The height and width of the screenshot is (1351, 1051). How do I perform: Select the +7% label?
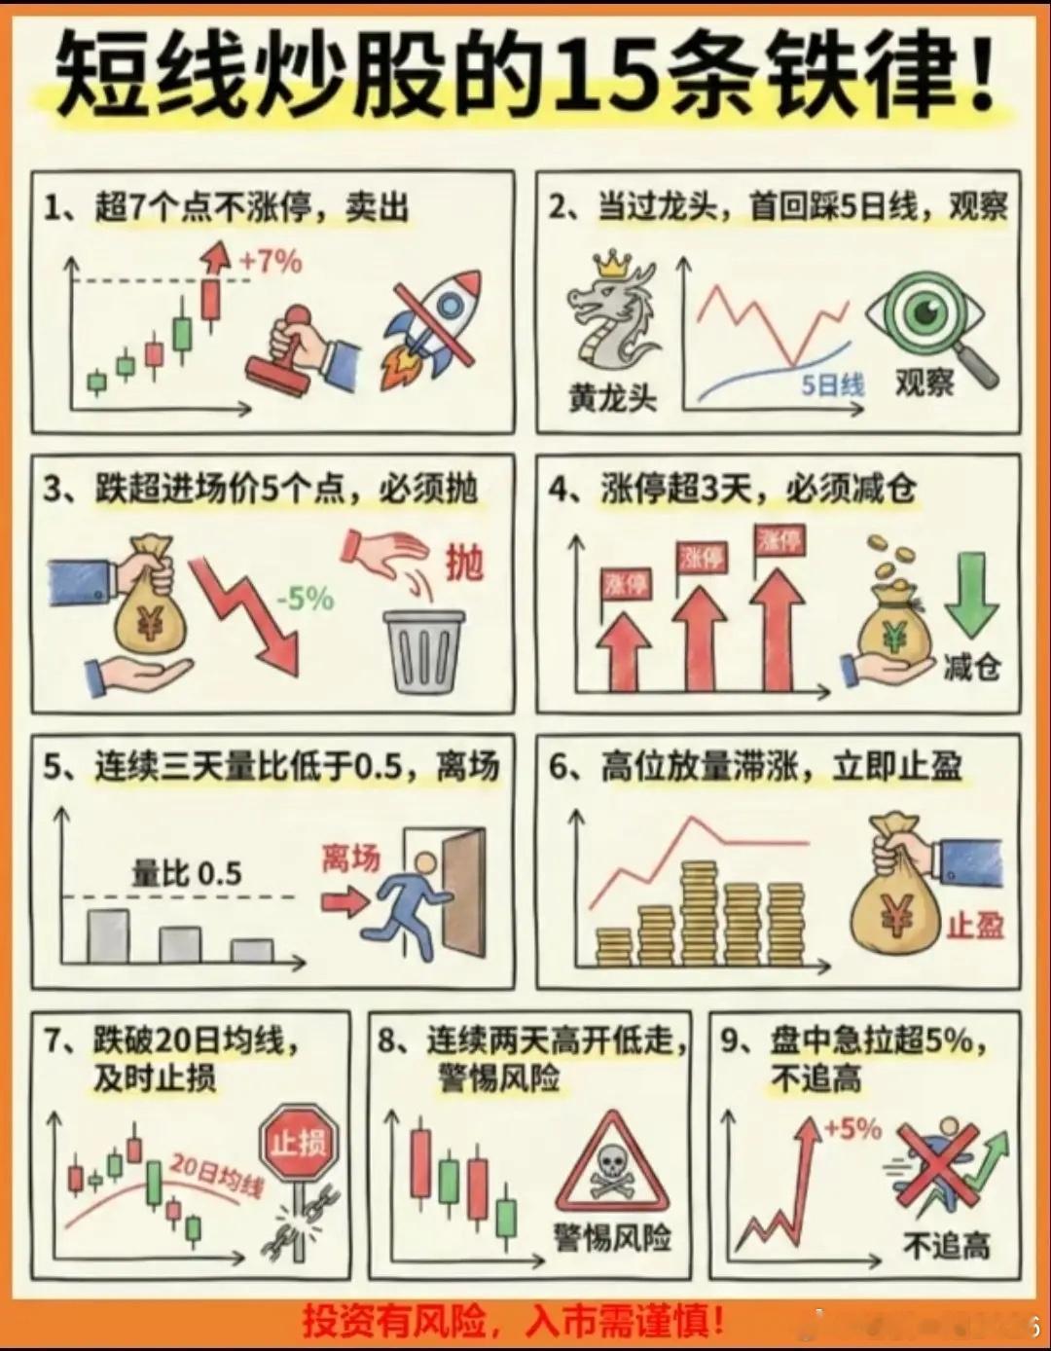pyautogui.click(x=271, y=262)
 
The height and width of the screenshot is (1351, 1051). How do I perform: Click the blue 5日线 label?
pyautogui.click(x=832, y=386)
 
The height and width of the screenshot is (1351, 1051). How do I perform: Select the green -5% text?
pyautogui.click(x=306, y=600)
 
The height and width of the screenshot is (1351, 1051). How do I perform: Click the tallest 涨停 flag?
pyautogui.click(x=779, y=540)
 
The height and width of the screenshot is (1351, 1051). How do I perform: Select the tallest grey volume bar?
pyautogui.click(x=108, y=936)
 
